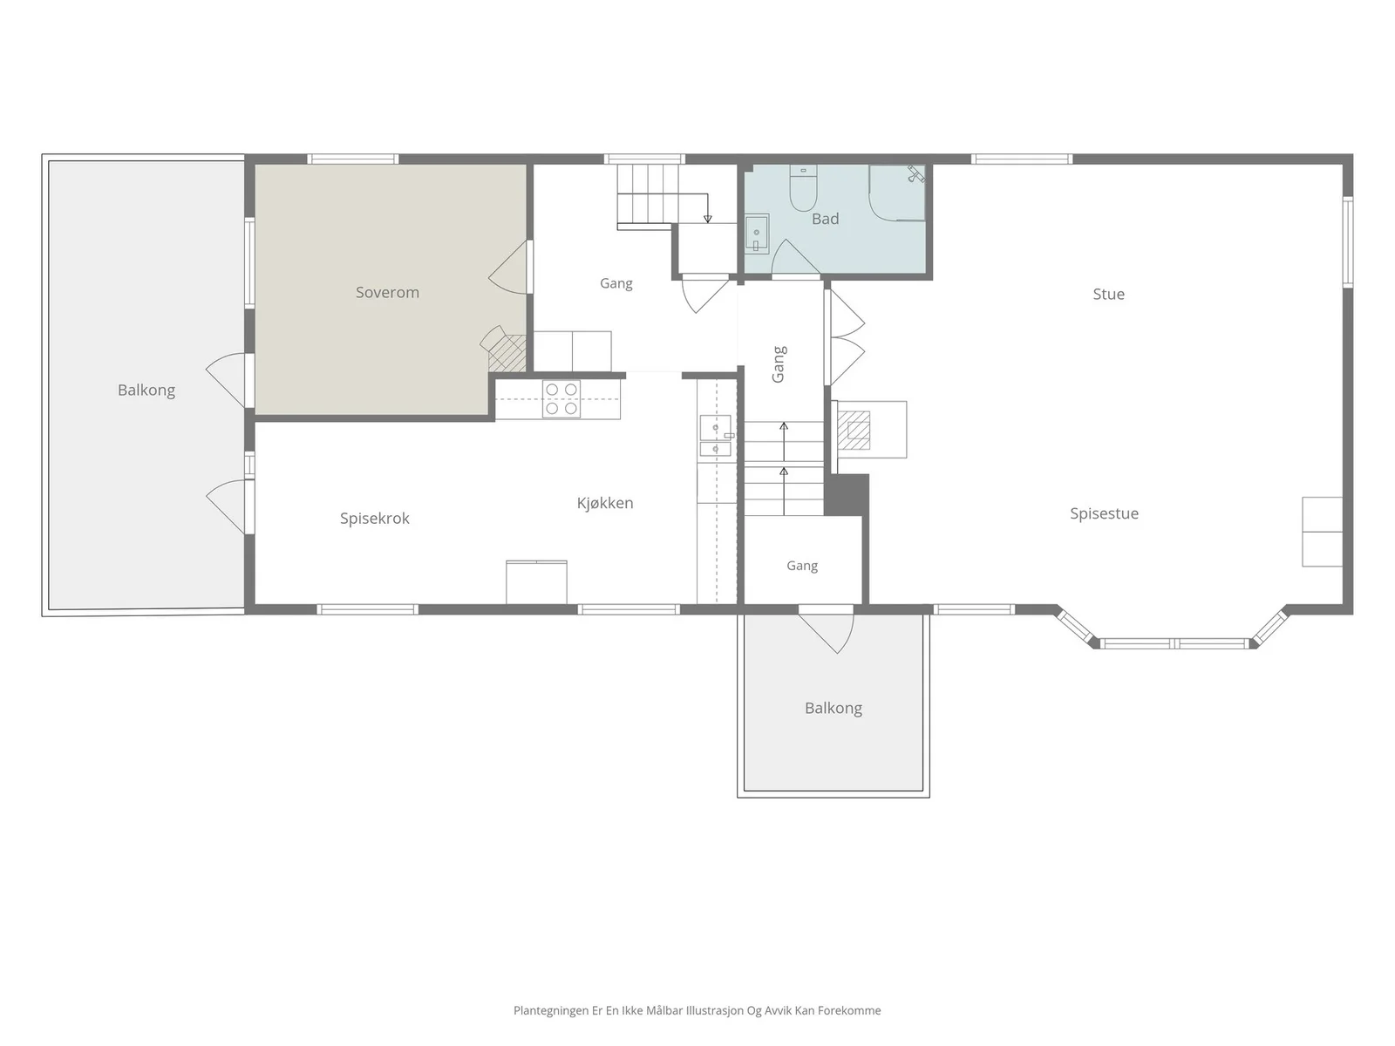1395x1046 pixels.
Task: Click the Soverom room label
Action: [387, 293]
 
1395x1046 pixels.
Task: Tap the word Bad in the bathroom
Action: [825, 219]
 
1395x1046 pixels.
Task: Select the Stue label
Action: [1108, 294]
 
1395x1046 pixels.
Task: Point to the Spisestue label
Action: [1104, 513]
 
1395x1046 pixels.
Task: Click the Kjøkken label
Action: [605, 503]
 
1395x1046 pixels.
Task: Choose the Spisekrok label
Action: [374, 519]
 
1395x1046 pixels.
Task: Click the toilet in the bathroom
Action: [803, 188]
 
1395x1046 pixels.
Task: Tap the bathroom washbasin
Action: [757, 233]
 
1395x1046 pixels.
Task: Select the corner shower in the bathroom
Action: [897, 193]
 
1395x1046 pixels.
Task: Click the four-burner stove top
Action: [561, 399]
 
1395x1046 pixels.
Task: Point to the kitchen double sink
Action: [716, 436]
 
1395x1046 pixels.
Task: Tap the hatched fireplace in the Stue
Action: [854, 430]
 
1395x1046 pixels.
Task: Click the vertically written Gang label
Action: [779, 363]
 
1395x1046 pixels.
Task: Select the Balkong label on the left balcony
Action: [146, 390]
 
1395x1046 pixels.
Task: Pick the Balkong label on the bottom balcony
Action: [834, 708]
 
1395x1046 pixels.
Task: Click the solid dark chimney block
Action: [847, 495]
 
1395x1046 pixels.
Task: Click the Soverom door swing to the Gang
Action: [508, 268]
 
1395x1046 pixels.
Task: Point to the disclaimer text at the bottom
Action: [697, 1010]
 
